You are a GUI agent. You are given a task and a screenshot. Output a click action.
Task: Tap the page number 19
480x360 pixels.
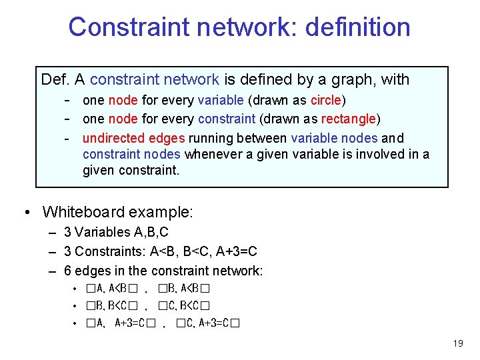457,344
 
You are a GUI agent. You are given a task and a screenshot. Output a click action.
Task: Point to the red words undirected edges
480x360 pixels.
134,138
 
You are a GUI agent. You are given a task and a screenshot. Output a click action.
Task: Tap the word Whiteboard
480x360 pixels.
83,212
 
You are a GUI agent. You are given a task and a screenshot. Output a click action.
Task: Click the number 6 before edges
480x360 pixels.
67,271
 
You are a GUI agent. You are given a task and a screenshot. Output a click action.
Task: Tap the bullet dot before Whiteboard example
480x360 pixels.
25,212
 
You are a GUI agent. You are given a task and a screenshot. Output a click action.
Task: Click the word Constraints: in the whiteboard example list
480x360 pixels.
105,251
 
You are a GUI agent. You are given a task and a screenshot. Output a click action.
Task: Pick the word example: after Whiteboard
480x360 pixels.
161,212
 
